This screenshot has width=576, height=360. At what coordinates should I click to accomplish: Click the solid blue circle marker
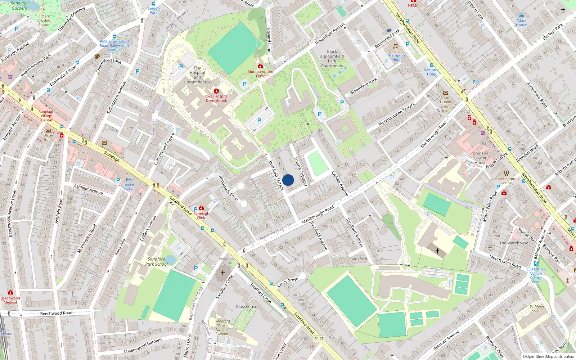click(288, 180)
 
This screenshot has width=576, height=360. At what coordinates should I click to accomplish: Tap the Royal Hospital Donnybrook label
click(216, 98)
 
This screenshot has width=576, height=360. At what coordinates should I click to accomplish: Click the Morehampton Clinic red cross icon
click(260, 66)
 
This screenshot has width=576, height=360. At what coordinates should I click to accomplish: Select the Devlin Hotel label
click(129, 187)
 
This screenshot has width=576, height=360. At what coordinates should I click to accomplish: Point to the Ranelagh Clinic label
click(201, 215)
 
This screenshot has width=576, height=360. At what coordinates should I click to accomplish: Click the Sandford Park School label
click(156, 261)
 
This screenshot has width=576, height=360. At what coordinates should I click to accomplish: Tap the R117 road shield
click(319, 338)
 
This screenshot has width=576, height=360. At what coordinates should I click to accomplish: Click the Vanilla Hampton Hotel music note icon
click(395, 46)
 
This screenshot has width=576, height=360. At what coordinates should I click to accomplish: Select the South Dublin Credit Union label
click(445, 104)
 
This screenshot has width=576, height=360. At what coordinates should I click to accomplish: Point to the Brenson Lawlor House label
click(480, 158)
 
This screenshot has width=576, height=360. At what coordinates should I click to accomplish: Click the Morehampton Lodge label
click(507, 181)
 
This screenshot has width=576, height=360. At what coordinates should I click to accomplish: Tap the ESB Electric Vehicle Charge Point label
click(536, 275)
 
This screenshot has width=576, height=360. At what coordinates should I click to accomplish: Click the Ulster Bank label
click(48, 137)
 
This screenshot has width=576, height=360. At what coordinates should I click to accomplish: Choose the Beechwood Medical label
click(10, 300)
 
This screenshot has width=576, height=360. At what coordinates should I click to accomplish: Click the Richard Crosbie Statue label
click(44, 21)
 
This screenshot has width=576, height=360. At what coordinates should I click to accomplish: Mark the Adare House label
click(521, 23)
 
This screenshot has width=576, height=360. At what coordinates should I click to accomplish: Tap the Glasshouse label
click(246, 307)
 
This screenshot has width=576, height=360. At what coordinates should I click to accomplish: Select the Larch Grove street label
click(288, 282)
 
